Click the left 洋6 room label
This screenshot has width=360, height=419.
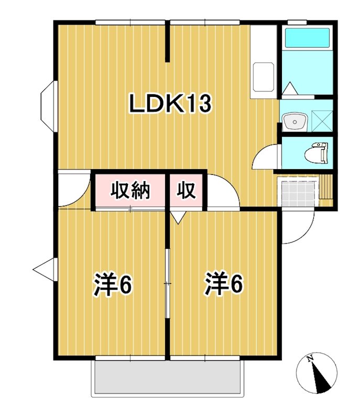(113, 284)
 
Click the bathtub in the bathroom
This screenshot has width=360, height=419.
(307, 38)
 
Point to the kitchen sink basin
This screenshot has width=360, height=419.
(263, 78)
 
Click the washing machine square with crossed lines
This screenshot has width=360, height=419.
(322, 120)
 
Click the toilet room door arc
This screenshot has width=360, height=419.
(265, 157)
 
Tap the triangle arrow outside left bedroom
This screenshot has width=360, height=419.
(43, 269)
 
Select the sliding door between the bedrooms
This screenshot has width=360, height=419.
(167, 283)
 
